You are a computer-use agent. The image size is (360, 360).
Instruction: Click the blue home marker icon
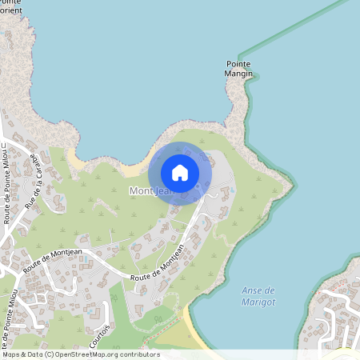180,173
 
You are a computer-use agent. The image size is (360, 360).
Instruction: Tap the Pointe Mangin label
239,69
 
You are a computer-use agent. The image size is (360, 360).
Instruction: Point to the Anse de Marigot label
258,295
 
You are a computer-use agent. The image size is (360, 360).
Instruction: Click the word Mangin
239,74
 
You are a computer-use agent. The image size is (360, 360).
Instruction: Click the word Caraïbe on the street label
38,167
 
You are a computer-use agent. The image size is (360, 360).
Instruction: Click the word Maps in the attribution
10,354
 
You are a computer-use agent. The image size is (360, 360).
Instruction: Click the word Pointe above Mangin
239,64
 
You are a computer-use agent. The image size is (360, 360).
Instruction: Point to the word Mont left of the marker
140,191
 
